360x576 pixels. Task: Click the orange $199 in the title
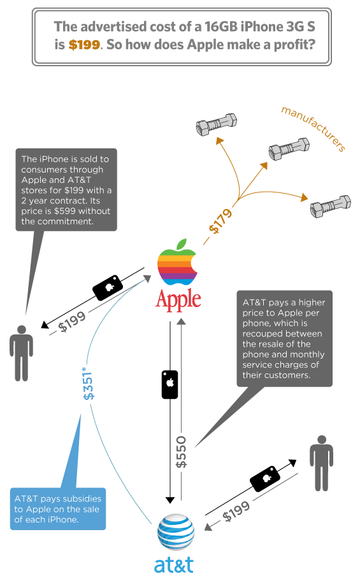pos(84,45)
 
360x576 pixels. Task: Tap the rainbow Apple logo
pos(177,262)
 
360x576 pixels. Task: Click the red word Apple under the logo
pos(178,300)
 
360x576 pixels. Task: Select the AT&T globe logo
pos(176,531)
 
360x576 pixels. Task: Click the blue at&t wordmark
pos(174,565)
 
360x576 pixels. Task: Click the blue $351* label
pos(89,383)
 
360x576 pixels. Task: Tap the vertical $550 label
pos(181,452)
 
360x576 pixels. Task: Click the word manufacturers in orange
pos(313,129)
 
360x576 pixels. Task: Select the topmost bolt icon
pos(216,124)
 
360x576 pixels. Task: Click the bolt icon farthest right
pos(331,206)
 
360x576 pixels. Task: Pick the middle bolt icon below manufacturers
pos(289,148)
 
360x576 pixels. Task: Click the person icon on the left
pos(21,353)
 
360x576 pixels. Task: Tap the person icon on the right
pos(321,463)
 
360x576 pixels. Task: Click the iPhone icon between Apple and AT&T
pos(169,385)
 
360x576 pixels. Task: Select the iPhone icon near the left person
pos(108,287)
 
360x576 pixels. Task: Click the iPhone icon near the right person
pos(265,479)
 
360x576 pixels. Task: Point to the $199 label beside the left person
pos(72,321)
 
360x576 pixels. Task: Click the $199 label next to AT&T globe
pos(236,512)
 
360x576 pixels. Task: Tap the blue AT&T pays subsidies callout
pos(58,508)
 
